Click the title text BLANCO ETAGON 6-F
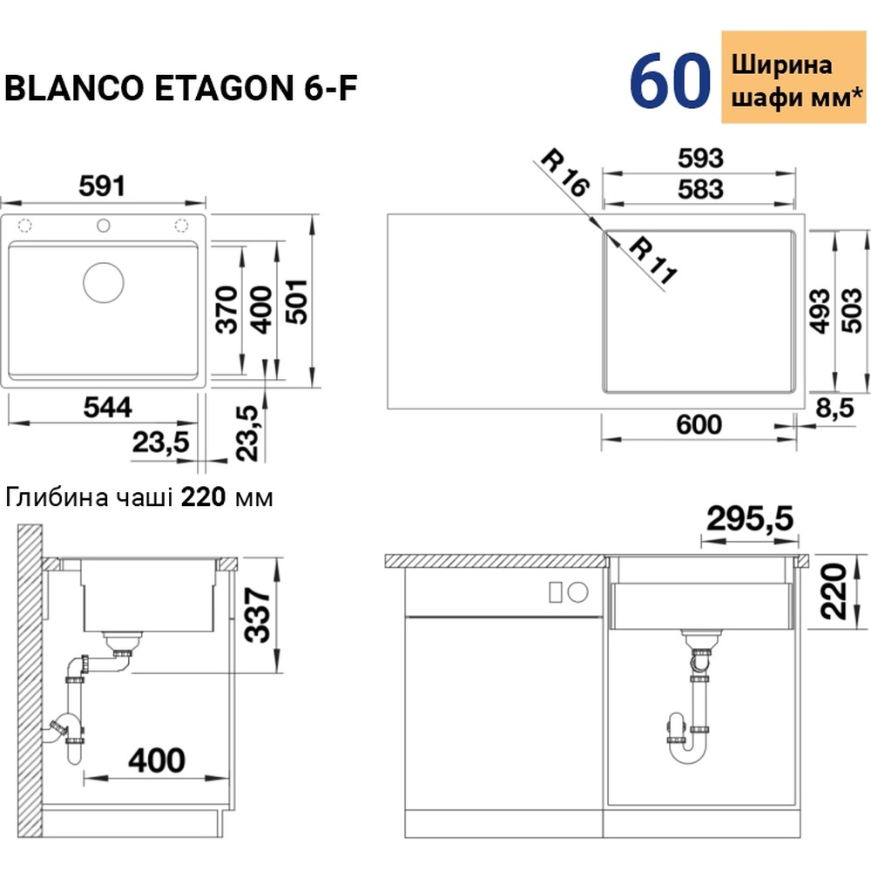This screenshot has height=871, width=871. [181, 89]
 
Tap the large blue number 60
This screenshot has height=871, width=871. [670, 81]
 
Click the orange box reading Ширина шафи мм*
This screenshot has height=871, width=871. [792, 79]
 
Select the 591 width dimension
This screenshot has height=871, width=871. [103, 186]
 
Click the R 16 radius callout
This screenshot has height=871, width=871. [564, 174]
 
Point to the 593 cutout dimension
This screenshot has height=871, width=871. [699, 159]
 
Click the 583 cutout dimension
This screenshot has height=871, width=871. [699, 188]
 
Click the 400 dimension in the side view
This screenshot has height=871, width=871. [156, 760]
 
